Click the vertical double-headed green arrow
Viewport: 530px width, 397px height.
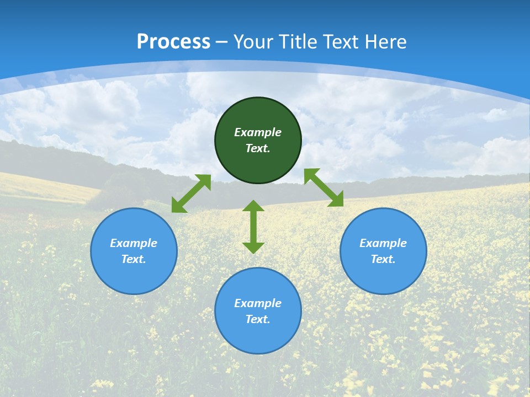click(x=253, y=227)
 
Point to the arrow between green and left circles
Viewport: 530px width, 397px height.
click(x=191, y=194)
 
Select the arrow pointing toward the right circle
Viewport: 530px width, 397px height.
click(x=324, y=187)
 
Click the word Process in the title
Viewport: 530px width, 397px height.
click(x=173, y=42)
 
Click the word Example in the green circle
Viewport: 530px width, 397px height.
click(x=258, y=132)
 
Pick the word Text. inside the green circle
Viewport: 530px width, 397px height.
click(x=258, y=148)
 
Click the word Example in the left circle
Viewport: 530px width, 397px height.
click(x=134, y=243)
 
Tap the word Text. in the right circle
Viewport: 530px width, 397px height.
click(x=383, y=259)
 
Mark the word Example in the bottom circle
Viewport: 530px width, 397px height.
click(x=258, y=303)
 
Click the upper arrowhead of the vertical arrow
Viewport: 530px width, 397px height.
click(x=253, y=206)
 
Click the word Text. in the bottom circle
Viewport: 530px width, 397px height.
click(x=258, y=319)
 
